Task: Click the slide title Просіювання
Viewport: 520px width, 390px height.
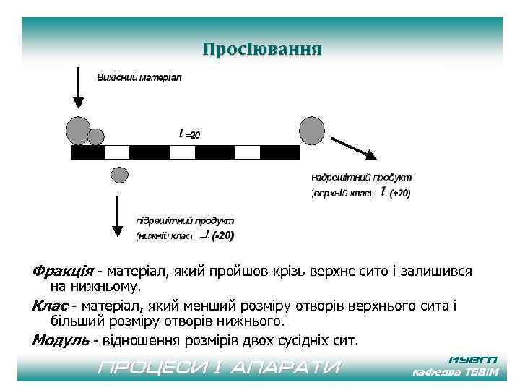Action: click(x=261, y=50)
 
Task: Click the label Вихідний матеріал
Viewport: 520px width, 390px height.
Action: click(x=139, y=77)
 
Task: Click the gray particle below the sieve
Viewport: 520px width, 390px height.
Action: click(x=119, y=174)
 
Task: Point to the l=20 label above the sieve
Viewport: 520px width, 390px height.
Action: click(x=189, y=134)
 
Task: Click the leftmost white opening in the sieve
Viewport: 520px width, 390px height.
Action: click(x=118, y=152)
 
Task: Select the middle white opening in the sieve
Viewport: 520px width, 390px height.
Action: click(x=183, y=152)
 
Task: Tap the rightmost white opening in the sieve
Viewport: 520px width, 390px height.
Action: click(x=247, y=152)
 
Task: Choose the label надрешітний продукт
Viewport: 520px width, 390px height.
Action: click(x=361, y=176)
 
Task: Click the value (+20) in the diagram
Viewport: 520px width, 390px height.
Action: click(x=399, y=194)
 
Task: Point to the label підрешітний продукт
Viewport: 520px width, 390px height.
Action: click(x=185, y=220)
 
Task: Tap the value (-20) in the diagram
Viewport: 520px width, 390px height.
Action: click(x=222, y=235)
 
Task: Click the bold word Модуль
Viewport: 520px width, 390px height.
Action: click(x=61, y=339)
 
